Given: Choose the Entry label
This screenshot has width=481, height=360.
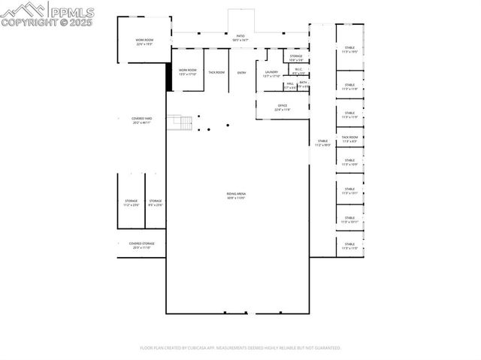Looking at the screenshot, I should click(x=241, y=72).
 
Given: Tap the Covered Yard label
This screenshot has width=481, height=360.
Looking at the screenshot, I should click(x=141, y=119).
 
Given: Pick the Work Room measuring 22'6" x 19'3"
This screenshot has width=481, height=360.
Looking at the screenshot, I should click(x=144, y=42).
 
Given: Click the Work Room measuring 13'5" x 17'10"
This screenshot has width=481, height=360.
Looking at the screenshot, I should click(x=187, y=71).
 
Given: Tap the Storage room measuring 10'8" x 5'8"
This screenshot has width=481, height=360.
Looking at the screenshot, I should click(x=296, y=57).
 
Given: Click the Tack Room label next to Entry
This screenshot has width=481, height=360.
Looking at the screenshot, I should click(x=216, y=72).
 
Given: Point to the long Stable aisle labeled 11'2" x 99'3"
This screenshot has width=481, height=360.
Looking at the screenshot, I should click(x=322, y=142).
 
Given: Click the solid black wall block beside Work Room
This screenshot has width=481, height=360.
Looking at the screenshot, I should click(x=169, y=76).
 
